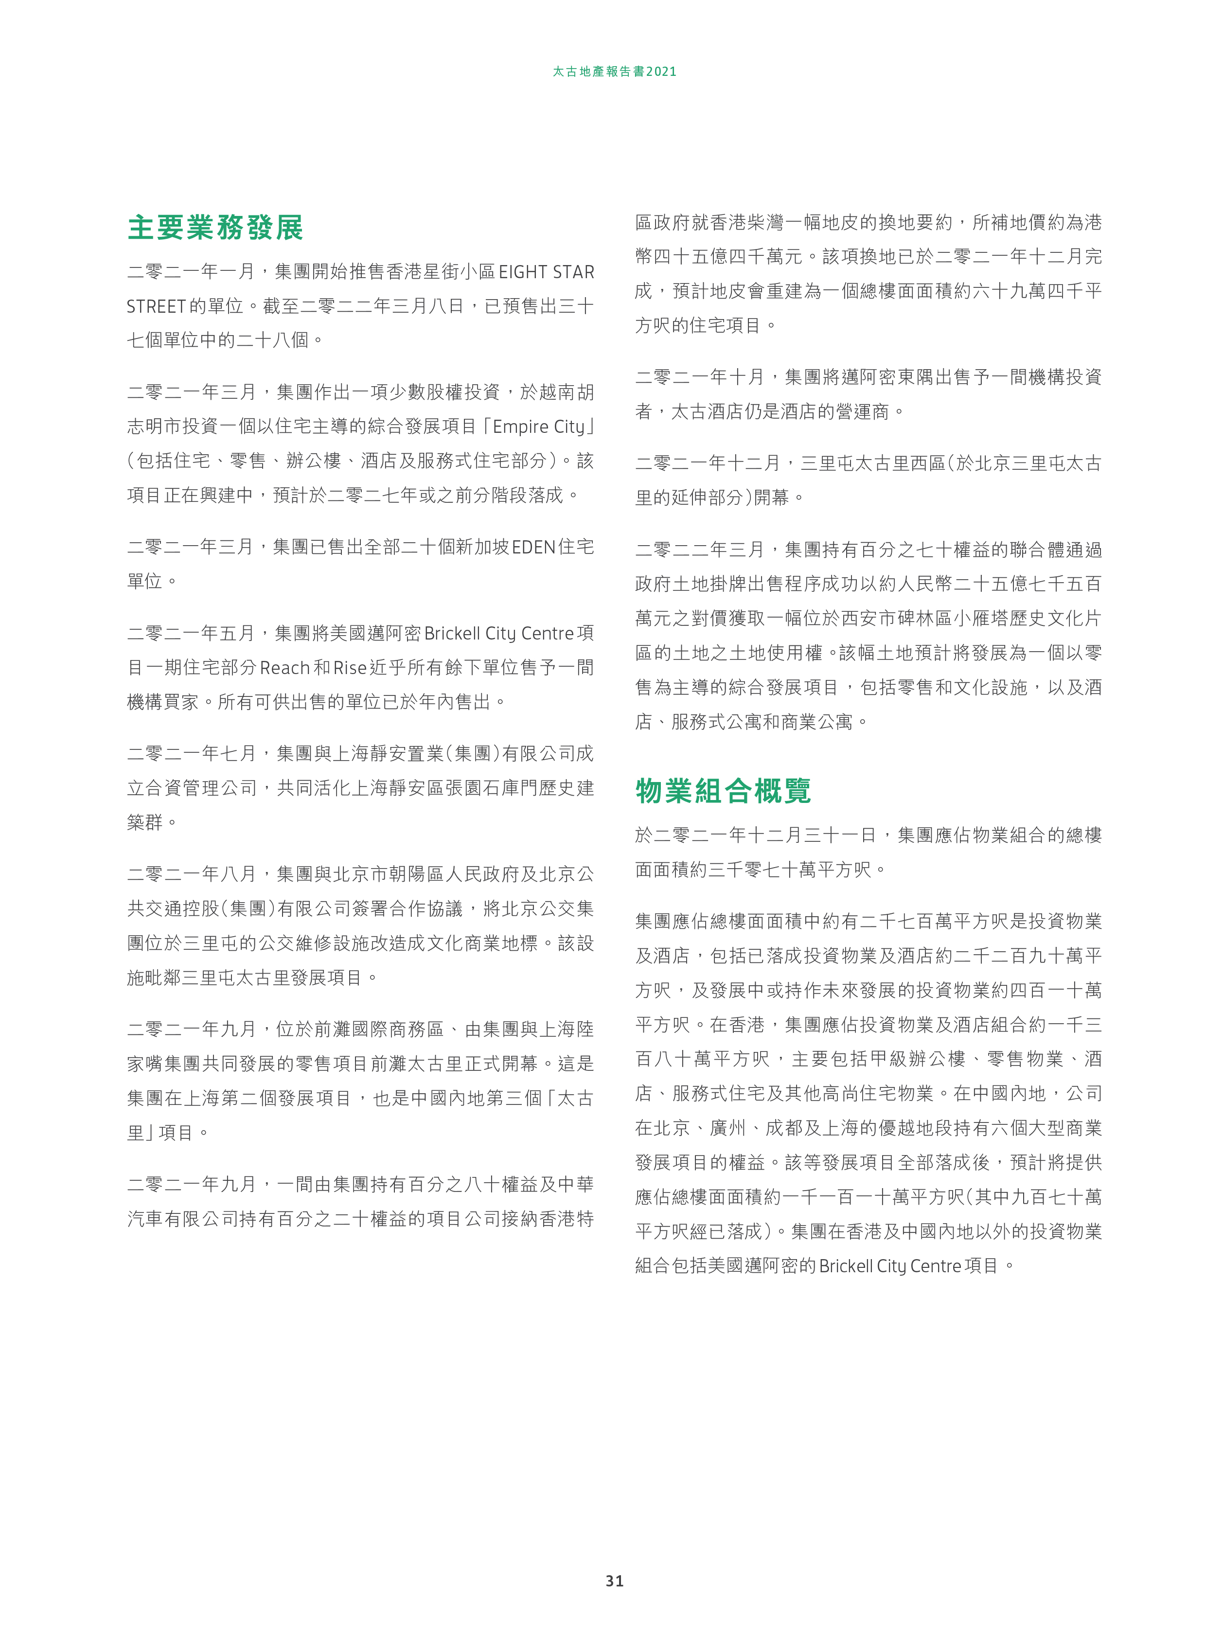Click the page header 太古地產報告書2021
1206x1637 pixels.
pyautogui.click(x=614, y=71)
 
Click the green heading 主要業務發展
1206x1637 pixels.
pyautogui.click(x=215, y=228)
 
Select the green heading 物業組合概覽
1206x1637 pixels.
pyautogui.click(x=723, y=791)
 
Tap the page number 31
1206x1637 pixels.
pyautogui.click(x=615, y=1580)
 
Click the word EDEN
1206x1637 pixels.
pyautogui.click(x=533, y=547)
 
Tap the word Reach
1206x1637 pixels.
pyautogui.click(x=284, y=667)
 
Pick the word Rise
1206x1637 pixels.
pyautogui.click(x=350, y=667)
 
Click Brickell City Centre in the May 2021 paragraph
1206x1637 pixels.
pyautogui.click(x=498, y=633)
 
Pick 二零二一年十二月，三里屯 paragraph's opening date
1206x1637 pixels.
pyautogui.click(x=708, y=463)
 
